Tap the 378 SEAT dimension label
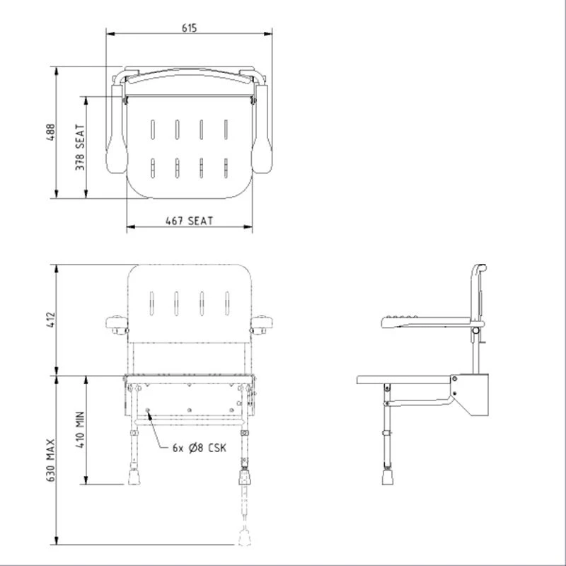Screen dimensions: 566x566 [80, 147]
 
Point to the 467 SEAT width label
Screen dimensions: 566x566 [189, 220]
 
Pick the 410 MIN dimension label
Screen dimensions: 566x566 [80, 429]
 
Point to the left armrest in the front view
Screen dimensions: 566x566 [115, 326]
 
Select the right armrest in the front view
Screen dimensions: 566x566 [262, 326]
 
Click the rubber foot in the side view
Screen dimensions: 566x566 [386, 478]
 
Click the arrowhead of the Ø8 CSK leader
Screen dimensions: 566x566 [148, 411]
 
